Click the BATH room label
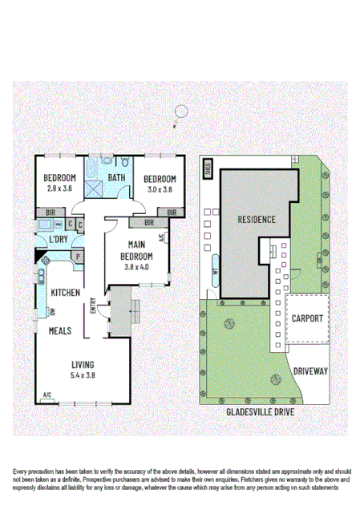(x=116, y=178)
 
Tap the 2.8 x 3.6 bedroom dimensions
(x=59, y=189)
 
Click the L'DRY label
(x=58, y=240)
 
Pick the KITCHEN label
(x=63, y=293)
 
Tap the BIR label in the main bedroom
(x=148, y=222)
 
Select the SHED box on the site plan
(x=207, y=169)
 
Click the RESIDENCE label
(x=256, y=219)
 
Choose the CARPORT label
(x=307, y=318)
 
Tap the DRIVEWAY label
(x=309, y=371)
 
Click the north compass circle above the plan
(x=182, y=112)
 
